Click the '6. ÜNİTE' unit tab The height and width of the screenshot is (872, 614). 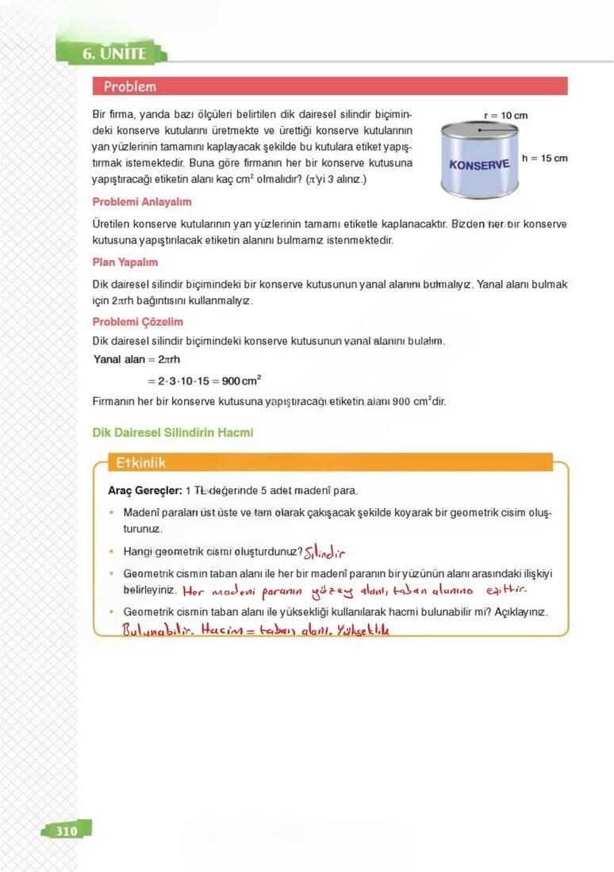114,54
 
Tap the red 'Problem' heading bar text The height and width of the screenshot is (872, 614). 130,86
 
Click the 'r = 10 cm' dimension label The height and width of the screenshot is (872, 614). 505,116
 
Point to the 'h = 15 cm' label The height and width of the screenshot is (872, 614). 544,159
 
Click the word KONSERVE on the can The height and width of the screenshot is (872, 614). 479,166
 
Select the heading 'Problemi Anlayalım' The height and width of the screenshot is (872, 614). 142,202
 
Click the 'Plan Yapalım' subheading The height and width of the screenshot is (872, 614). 125,262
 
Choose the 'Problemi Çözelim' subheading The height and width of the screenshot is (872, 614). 138,322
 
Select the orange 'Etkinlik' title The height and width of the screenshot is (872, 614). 140,462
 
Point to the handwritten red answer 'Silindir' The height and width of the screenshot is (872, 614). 326,553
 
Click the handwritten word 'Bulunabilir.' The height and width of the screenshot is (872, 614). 158,631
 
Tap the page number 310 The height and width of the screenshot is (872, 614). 67,831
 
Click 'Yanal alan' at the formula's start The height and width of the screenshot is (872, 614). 118,360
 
